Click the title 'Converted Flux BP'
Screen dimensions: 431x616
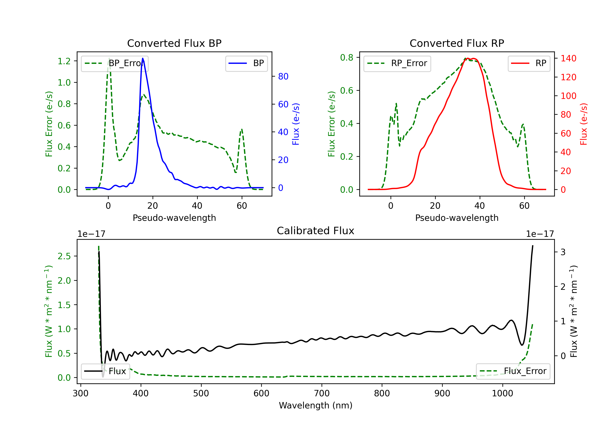(174, 43)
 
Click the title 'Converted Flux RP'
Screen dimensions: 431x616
(457, 43)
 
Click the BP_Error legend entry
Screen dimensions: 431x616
(115, 63)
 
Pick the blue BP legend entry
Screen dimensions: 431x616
(246, 63)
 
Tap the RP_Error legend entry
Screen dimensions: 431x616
(397, 63)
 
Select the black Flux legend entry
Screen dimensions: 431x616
(106, 371)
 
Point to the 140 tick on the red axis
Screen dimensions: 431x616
(568, 58)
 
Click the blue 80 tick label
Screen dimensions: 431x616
(283, 76)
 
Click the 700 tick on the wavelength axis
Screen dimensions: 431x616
(322, 393)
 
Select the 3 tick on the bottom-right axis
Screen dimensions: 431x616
(563, 252)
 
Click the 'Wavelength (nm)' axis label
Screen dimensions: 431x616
(316, 405)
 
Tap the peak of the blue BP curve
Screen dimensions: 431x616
(143, 58)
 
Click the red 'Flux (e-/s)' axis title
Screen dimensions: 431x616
(584, 124)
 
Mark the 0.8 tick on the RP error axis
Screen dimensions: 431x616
(347, 57)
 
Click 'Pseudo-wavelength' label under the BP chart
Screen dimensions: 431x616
(174, 218)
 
